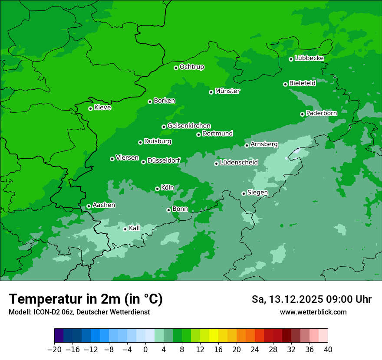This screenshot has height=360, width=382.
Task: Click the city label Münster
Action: coord(227,91)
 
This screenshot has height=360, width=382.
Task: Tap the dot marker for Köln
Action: coord(157,189)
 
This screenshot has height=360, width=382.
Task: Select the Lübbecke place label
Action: coord(309,58)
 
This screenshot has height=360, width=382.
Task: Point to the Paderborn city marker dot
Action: coord(302,114)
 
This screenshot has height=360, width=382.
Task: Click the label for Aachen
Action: coord(104,205)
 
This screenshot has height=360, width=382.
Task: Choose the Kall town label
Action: coord(135,228)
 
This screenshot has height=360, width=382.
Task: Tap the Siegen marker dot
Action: coord(244,193)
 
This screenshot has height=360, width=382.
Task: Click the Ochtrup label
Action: coord(192,67)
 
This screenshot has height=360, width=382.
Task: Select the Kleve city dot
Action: coord(90,108)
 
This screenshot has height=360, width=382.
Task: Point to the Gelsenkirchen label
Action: coord(189,126)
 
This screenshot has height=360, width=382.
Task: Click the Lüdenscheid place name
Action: coord(239,163)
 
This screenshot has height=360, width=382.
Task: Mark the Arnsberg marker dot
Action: coord(247,145)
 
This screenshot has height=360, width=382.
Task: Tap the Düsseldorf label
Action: coord(164,161)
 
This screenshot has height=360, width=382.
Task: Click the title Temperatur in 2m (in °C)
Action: coord(86,299)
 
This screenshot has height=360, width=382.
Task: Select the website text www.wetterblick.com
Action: coord(313,312)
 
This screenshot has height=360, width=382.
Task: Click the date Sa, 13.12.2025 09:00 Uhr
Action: coord(311,299)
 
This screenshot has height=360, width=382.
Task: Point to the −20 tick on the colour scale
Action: coord(55,349)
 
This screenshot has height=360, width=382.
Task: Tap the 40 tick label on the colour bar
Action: coord(328,349)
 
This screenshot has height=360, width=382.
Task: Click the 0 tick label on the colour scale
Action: coord(145,349)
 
